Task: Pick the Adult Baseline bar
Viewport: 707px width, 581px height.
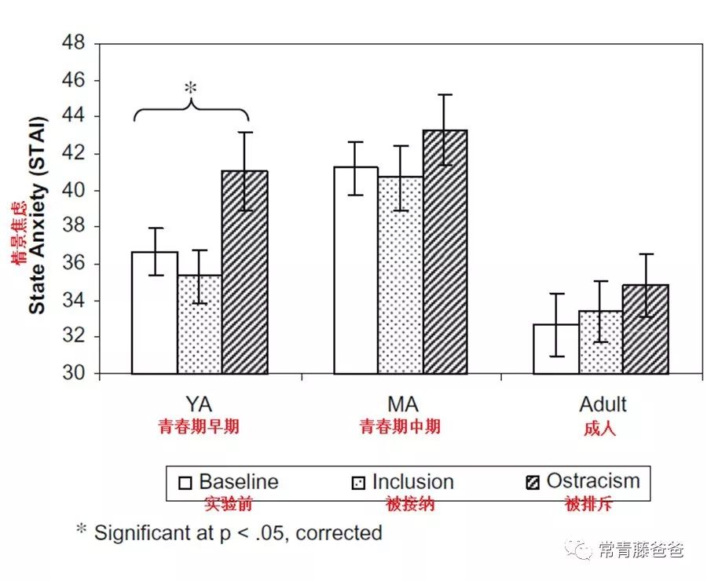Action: pos(555,349)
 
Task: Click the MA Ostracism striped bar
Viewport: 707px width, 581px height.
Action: pos(445,252)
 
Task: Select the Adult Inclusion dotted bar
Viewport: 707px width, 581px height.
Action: pos(601,342)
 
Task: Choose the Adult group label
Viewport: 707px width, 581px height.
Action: pos(603,405)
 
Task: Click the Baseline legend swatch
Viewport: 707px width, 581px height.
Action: pos(185,483)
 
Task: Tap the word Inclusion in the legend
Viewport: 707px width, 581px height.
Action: pos(412,481)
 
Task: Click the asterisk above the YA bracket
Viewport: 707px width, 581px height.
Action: pos(190,89)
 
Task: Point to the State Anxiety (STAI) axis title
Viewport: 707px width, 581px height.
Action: pos(37,215)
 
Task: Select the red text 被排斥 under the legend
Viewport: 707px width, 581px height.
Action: pos(588,504)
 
